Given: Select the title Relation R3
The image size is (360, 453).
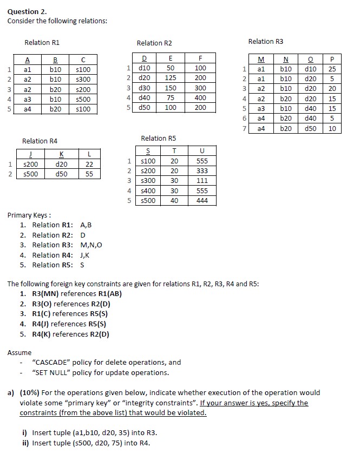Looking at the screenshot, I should [265, 41].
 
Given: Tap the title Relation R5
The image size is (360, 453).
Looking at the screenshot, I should [158, 139].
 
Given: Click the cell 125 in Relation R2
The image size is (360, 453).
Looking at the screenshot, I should [171, 78].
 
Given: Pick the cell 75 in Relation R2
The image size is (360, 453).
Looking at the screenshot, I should [171, 98].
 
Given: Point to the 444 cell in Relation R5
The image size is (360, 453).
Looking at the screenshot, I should [202, 200].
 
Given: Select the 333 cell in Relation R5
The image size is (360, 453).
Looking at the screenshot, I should [202, 171].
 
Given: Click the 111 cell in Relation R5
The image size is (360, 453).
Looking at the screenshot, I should [202, 181].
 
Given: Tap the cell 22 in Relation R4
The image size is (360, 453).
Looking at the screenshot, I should [90, 165].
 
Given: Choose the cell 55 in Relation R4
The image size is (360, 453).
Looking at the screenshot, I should [90, 174].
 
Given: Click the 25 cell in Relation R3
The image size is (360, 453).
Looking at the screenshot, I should [332, 69].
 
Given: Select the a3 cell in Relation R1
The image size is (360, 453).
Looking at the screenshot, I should [28, 100].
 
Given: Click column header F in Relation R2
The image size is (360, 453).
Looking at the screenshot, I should [200, 58].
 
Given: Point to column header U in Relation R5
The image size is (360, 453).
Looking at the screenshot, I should [202, 151].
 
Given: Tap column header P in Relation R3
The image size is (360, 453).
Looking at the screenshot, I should [332, 60].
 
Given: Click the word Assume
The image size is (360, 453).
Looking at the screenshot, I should [19, 352].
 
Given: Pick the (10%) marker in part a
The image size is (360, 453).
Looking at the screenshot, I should [30, 392].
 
